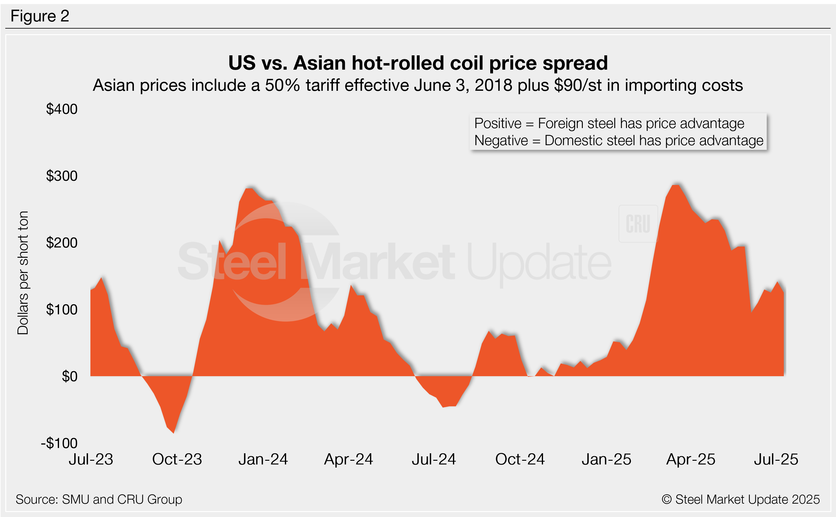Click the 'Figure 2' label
40,16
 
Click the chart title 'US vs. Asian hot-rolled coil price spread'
418,63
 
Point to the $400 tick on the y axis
62,109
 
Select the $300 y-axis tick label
62,176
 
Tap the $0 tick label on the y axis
69,376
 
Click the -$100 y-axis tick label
59,443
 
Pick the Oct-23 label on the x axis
177,459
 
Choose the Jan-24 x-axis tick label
263,459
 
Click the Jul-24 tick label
434,459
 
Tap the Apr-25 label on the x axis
691,459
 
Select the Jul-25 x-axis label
776,459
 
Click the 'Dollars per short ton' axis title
23,273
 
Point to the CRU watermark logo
638,224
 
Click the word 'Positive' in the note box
498,123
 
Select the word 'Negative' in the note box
501,141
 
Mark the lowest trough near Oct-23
174,432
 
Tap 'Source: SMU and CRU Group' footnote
99,499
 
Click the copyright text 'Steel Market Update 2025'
747,499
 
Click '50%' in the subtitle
282,85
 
